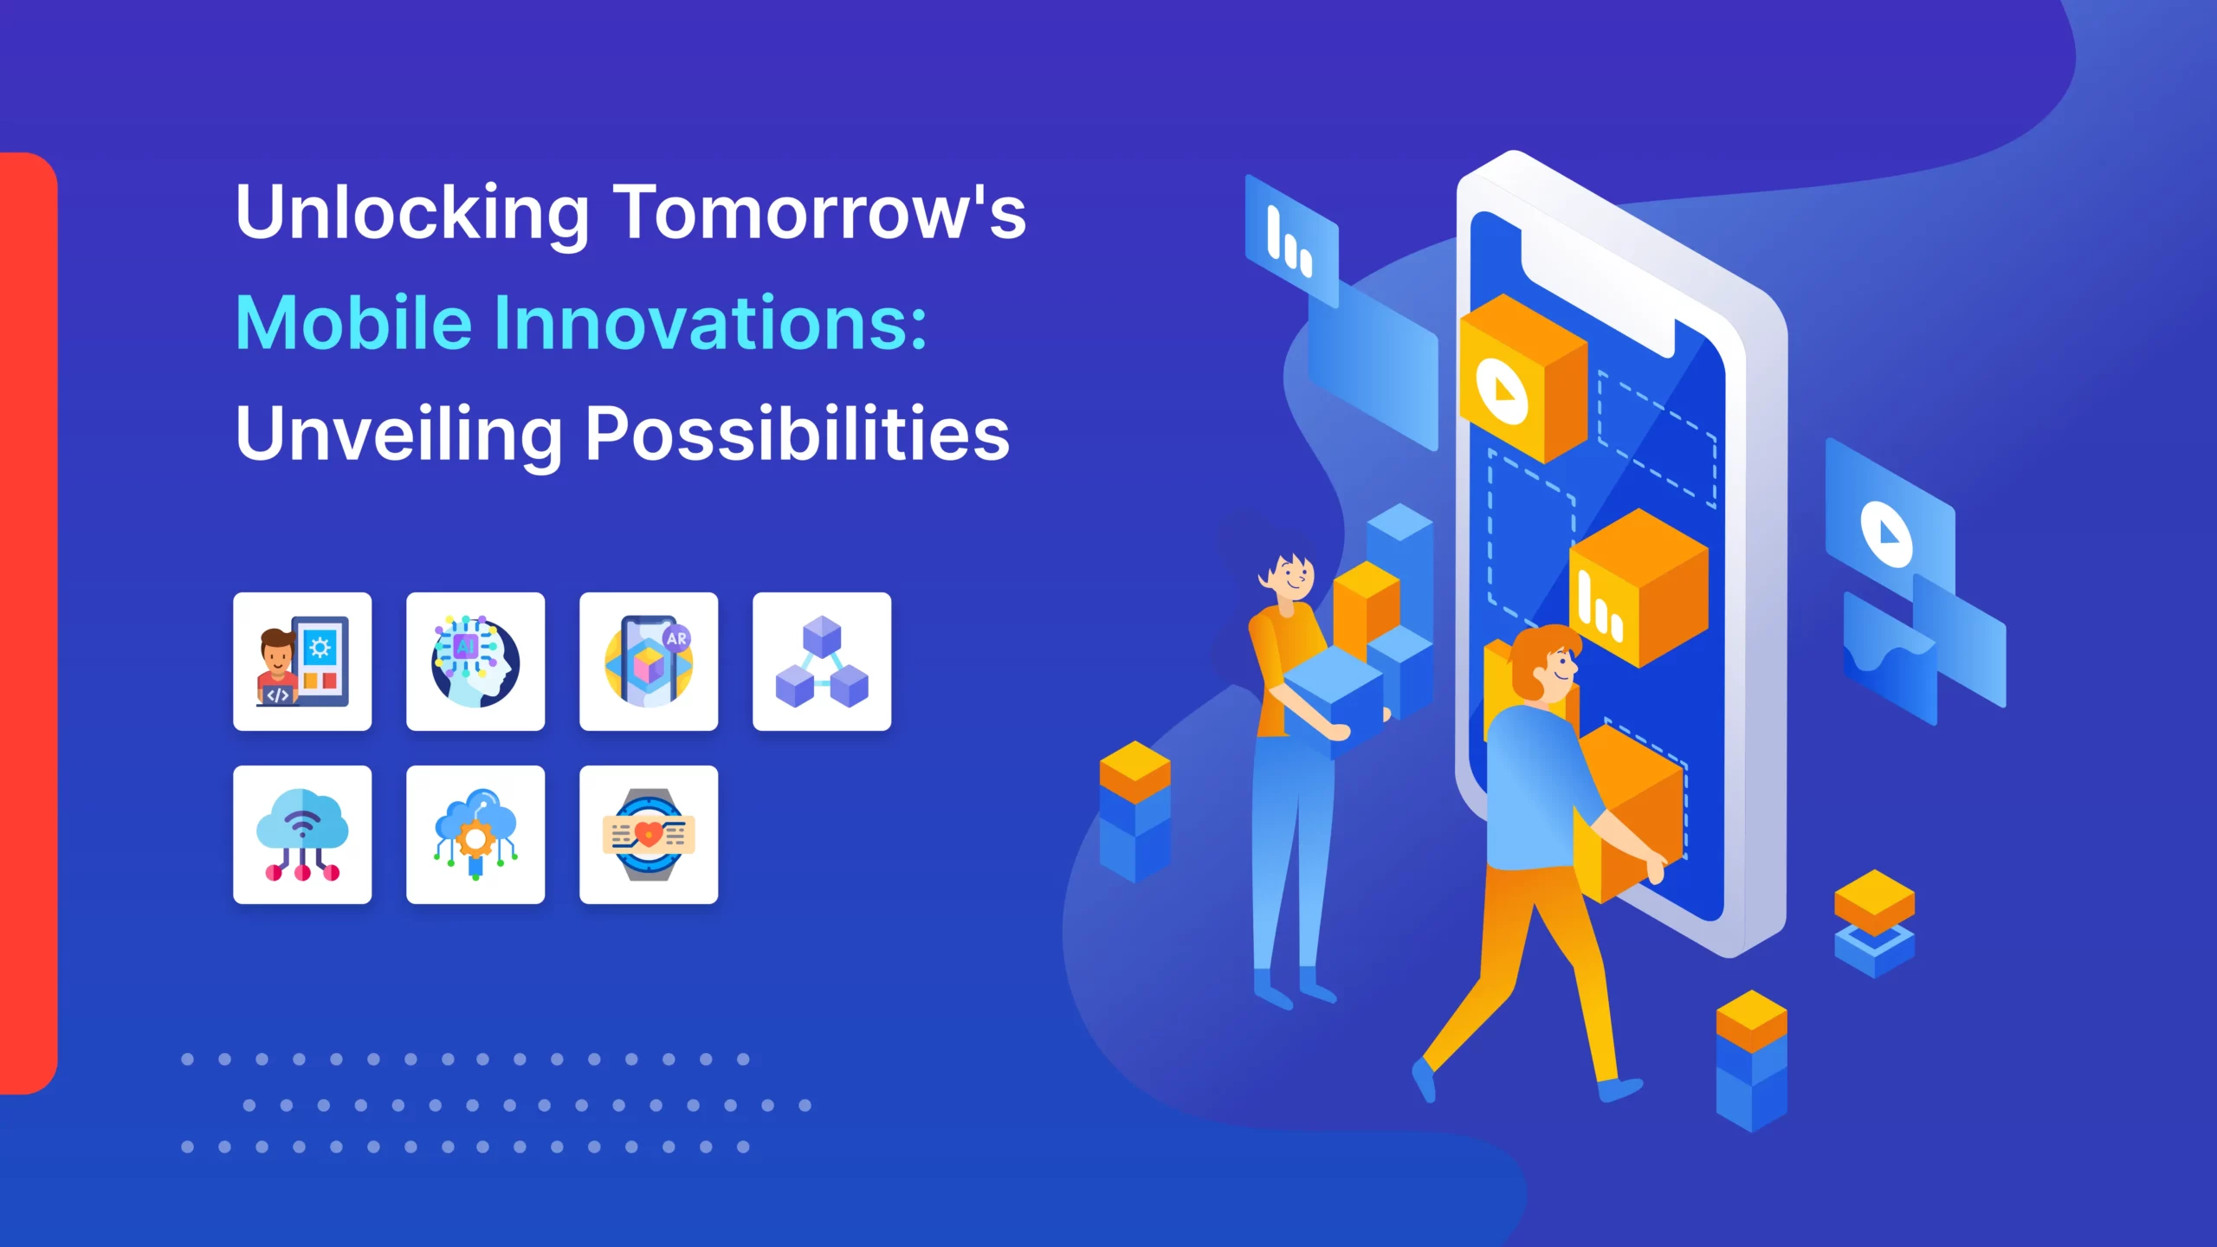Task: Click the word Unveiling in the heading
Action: click(399, 435)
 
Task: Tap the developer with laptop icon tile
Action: click(302, 662)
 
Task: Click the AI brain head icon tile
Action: click(475, 662)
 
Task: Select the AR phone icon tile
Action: click(649, 662)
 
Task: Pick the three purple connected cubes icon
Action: click(822, 662)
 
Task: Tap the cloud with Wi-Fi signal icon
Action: click(302, 835)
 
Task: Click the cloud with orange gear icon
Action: click(475, 835)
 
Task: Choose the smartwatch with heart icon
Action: click(649, 835)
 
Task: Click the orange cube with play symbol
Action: click(1523, 378)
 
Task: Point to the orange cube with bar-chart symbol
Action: click(1639, 588)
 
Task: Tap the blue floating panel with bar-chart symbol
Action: click(1291, 241)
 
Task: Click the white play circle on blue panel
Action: click(1886, 534)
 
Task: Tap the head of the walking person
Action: click(1547, 663)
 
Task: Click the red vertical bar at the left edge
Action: click(29, 623)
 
